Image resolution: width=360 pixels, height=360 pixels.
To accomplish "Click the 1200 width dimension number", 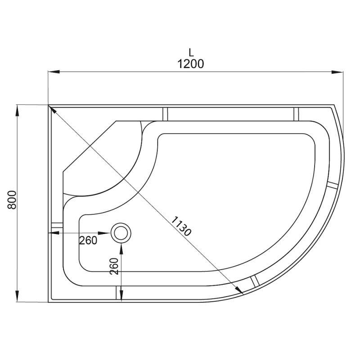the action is (x=190, y=64).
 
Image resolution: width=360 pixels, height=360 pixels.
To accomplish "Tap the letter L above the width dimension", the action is (x=191, y=52).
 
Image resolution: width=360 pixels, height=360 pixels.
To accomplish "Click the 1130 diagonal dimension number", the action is (x=181, y=226).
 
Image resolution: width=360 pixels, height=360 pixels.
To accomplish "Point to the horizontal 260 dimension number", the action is (x=88, y=240).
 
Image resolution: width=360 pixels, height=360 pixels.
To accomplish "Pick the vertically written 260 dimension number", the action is (x=114, y=266).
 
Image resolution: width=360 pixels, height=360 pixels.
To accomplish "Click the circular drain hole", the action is (x=121, y=233).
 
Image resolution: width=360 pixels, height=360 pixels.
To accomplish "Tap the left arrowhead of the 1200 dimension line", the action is (x=54, y=72).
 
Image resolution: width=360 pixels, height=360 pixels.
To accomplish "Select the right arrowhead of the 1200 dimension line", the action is (x=337, y=72).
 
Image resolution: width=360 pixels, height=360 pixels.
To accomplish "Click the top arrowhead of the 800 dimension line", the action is (x=17, y=111).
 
